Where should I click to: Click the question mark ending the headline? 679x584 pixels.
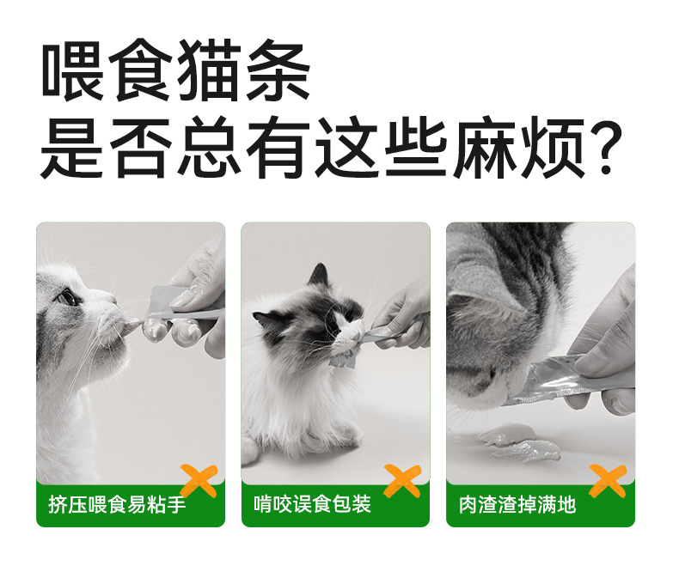(604, 147)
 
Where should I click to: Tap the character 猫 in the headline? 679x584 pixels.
(209, 70)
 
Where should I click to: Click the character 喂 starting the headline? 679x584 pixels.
(72, 70)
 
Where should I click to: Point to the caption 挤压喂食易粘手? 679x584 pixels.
(117, 504)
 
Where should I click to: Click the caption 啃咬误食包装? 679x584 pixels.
(312, 504)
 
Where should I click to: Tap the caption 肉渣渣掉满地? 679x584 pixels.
(517, 504)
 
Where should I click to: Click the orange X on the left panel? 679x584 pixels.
(199, 481)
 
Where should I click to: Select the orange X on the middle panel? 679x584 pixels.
(402, 481)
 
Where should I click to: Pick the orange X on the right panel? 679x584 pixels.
(608, 481)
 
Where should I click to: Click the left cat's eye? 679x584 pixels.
(67, 297)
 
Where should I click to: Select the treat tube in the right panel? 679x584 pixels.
(567, 380)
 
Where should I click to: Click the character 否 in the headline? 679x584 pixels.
(139, 147)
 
